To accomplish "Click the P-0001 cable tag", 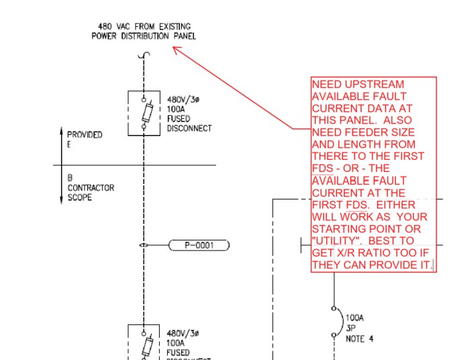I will (x=199, y=245).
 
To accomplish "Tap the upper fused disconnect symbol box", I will (x=144, y=112).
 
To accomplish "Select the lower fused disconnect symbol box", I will (x=144, y=342).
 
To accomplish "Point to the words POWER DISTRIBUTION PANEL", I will (x=144, y=36).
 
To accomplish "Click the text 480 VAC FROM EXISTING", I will (x=144, y=27).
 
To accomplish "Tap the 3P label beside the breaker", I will (x=350, y=329).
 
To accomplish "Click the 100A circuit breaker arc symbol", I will (x=334, y=320).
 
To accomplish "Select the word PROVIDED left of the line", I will (x=85, y=134).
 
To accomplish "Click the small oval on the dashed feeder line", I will (x=144, y=245).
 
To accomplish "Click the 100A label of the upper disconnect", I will (x=176, y=109).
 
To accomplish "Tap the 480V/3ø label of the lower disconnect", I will (x=183, y=333).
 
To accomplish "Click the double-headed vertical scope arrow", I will (x=61, y=165).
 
